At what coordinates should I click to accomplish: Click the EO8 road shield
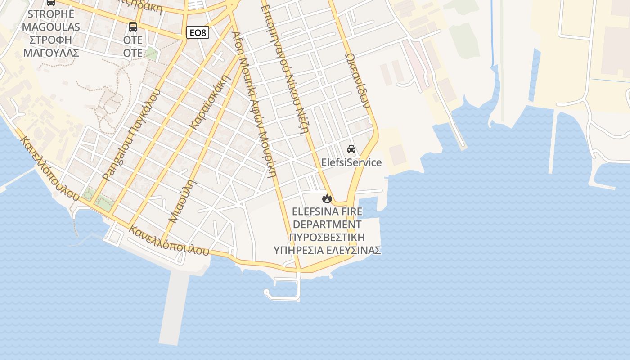(x=198, y=32)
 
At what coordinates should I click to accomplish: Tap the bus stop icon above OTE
(x=133, y=27)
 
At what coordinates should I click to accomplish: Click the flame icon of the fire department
(x=327, y=198)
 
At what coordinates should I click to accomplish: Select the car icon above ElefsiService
(x=351, y=149)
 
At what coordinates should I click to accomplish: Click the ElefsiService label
(x=351, y=162)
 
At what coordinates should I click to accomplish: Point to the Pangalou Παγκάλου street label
(x=131, y=135)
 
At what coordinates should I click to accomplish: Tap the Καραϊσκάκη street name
(x=211, y=103)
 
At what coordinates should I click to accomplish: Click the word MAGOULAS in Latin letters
(x=51, y=27)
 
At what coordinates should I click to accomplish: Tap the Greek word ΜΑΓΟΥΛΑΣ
(x=51, y=53)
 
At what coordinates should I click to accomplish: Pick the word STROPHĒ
(x=51, y=14)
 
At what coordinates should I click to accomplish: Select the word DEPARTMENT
(x=327, y=224)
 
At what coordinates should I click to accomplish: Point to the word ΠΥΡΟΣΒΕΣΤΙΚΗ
(x=327, y=237)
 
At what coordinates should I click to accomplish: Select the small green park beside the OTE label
(x=151, y=54)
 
